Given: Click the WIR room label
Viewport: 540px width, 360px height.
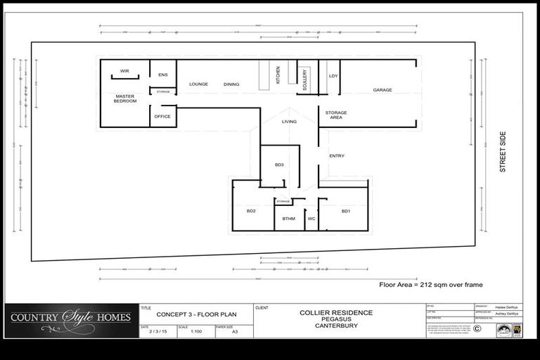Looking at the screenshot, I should [124, 71].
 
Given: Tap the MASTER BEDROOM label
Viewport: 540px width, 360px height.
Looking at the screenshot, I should [125, 99].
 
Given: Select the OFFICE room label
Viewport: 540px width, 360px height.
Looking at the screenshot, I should [162, 117].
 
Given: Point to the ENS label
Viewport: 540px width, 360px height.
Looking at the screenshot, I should [162, 75].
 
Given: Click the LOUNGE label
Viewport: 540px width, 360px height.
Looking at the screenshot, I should [198, 84].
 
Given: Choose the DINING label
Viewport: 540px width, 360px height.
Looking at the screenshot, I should [231, 84].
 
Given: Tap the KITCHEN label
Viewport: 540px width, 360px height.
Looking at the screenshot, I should [278, 75].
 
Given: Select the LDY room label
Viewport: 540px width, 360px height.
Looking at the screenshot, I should [333, 75].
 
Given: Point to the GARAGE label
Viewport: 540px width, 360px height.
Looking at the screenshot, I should [382, 90].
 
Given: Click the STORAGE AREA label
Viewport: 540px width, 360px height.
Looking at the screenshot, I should [336, 115].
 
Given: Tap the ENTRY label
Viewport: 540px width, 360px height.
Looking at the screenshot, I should [336, 156].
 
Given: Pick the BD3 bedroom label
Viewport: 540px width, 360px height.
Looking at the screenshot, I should [279, 165].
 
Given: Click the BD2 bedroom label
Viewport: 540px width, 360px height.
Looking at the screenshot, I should [251, 211].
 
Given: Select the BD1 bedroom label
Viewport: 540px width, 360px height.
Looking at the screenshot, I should [346, 211].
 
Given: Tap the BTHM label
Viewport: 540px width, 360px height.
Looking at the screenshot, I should [289, 219].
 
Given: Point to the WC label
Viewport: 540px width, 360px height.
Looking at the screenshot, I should [311, 219].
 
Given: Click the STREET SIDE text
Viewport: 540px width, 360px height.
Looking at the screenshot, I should [503, 152].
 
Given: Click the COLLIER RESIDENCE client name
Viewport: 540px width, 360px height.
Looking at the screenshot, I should [336, 313].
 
